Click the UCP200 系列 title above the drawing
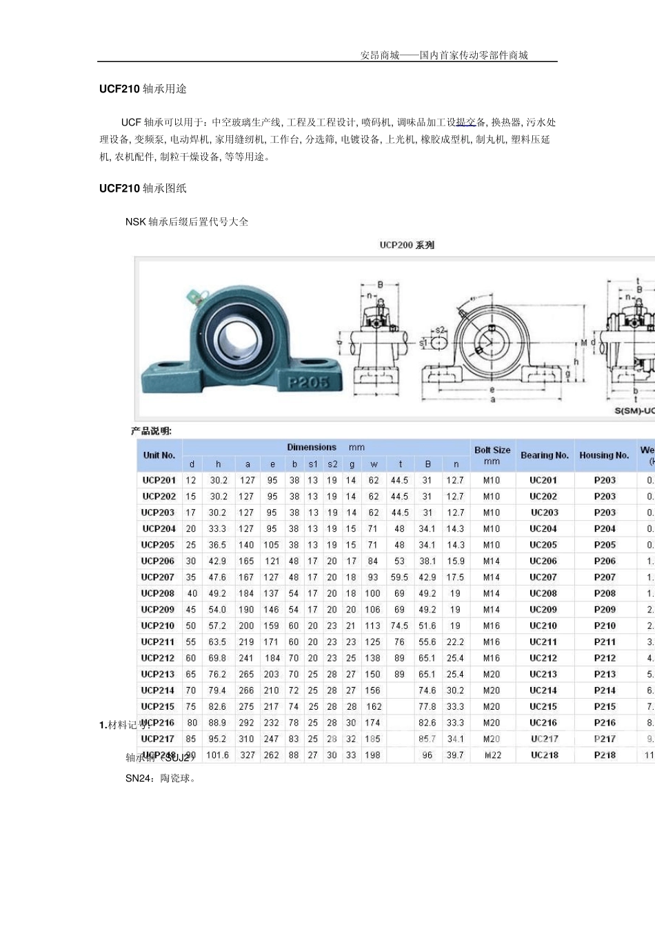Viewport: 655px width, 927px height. [x=407, y=245]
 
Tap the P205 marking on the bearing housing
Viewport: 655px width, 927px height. [x=308, y=381]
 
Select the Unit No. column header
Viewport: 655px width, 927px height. [x=159, y=455]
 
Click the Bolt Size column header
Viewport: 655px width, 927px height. [x=492, y=455]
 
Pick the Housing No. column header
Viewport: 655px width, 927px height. [x=604, y=455]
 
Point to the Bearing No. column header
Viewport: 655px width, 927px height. [x=544, y=455]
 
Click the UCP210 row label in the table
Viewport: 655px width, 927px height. [x=159, y=626]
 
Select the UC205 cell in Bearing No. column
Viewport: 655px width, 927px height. [x=543, y=545]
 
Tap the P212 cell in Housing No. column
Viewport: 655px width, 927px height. [x=605, y=658]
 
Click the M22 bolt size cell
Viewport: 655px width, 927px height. [x=492, y=755]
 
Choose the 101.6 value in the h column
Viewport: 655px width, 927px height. [x=218, y=755]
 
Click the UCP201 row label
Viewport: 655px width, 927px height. [x=159, y=480]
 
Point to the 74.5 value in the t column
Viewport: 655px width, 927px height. [x=399, y=626]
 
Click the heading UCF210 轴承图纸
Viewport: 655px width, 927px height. [x=143, y=188]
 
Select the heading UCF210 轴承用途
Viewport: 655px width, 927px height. [x=143, y=89]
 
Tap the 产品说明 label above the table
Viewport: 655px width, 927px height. [x=151, y=431]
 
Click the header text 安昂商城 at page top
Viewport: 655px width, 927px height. [x=380, y=55]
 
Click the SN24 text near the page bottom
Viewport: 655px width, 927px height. [x=136, y=779]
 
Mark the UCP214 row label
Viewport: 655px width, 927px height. [x=159, y=690]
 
